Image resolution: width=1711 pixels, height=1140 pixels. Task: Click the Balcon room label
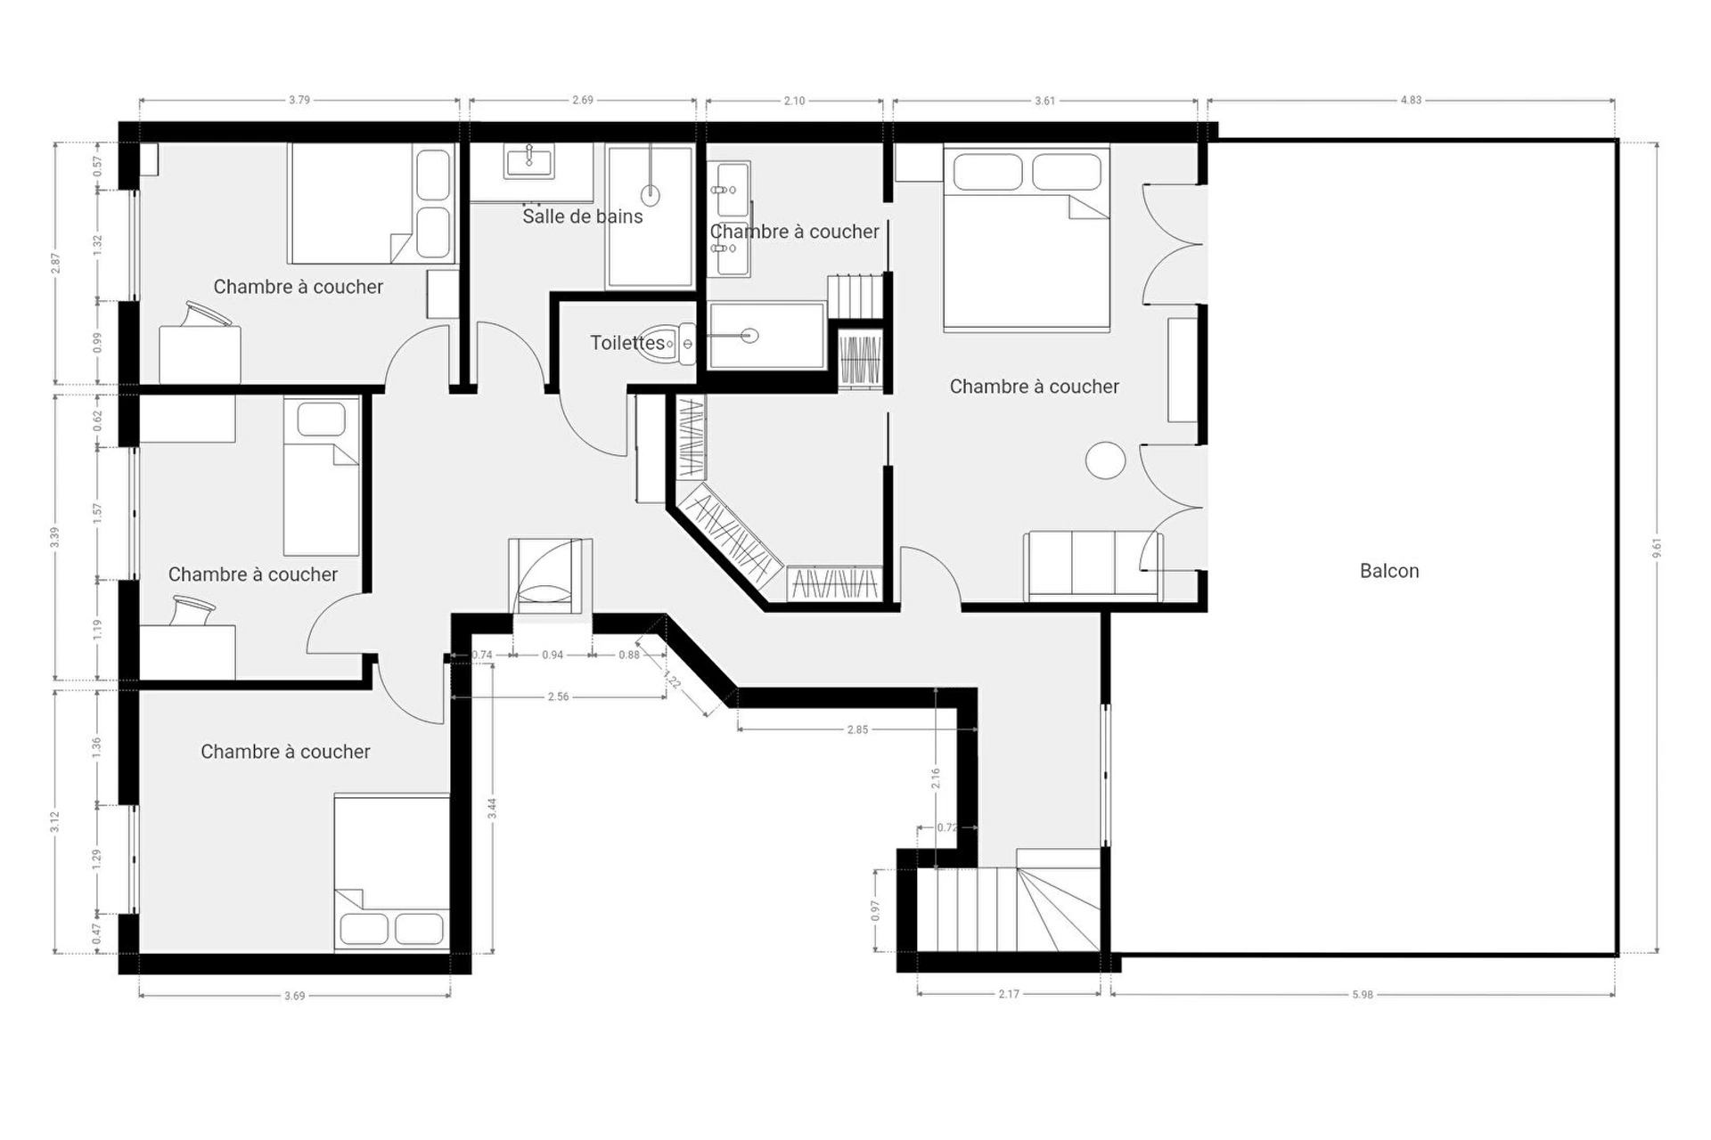[x=1389, y=571]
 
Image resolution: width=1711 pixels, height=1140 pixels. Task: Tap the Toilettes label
[x=627, y=343]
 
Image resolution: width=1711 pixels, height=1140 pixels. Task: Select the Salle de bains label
[x=582, y=216]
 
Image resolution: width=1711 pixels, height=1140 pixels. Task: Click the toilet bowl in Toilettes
[x=674, y=343]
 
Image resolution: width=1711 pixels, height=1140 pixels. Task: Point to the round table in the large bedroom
[x=1106, y=460]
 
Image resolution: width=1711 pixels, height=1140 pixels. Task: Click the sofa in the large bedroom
[x=1093, y=566]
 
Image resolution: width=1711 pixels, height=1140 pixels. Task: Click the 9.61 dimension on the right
[x=1657, y=547]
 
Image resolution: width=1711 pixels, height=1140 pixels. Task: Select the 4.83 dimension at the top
[x=1411, y=100]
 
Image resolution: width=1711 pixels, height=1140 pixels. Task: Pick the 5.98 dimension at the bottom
[x=1363, y=994]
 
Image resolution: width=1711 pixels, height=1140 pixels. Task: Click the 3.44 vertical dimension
[x=492, y=808]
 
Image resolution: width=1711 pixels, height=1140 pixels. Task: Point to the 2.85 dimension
[x=857, y=729]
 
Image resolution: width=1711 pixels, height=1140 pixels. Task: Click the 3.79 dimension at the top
[x=299, y=100]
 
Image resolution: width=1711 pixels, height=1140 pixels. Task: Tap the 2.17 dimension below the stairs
[x=1009, y=994]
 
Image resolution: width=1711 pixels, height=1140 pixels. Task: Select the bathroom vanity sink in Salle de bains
[x=530, y=162]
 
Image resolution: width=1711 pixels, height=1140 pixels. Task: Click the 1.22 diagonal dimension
[x=673, y=681]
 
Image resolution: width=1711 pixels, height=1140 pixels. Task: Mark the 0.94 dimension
[x=553, y=655]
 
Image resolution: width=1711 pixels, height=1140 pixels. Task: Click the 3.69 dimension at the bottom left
[x=294, y=996]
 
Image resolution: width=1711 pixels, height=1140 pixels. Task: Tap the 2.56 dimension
[x=558, y=696]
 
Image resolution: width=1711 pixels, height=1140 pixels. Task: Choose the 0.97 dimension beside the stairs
[x=876, y=910]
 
